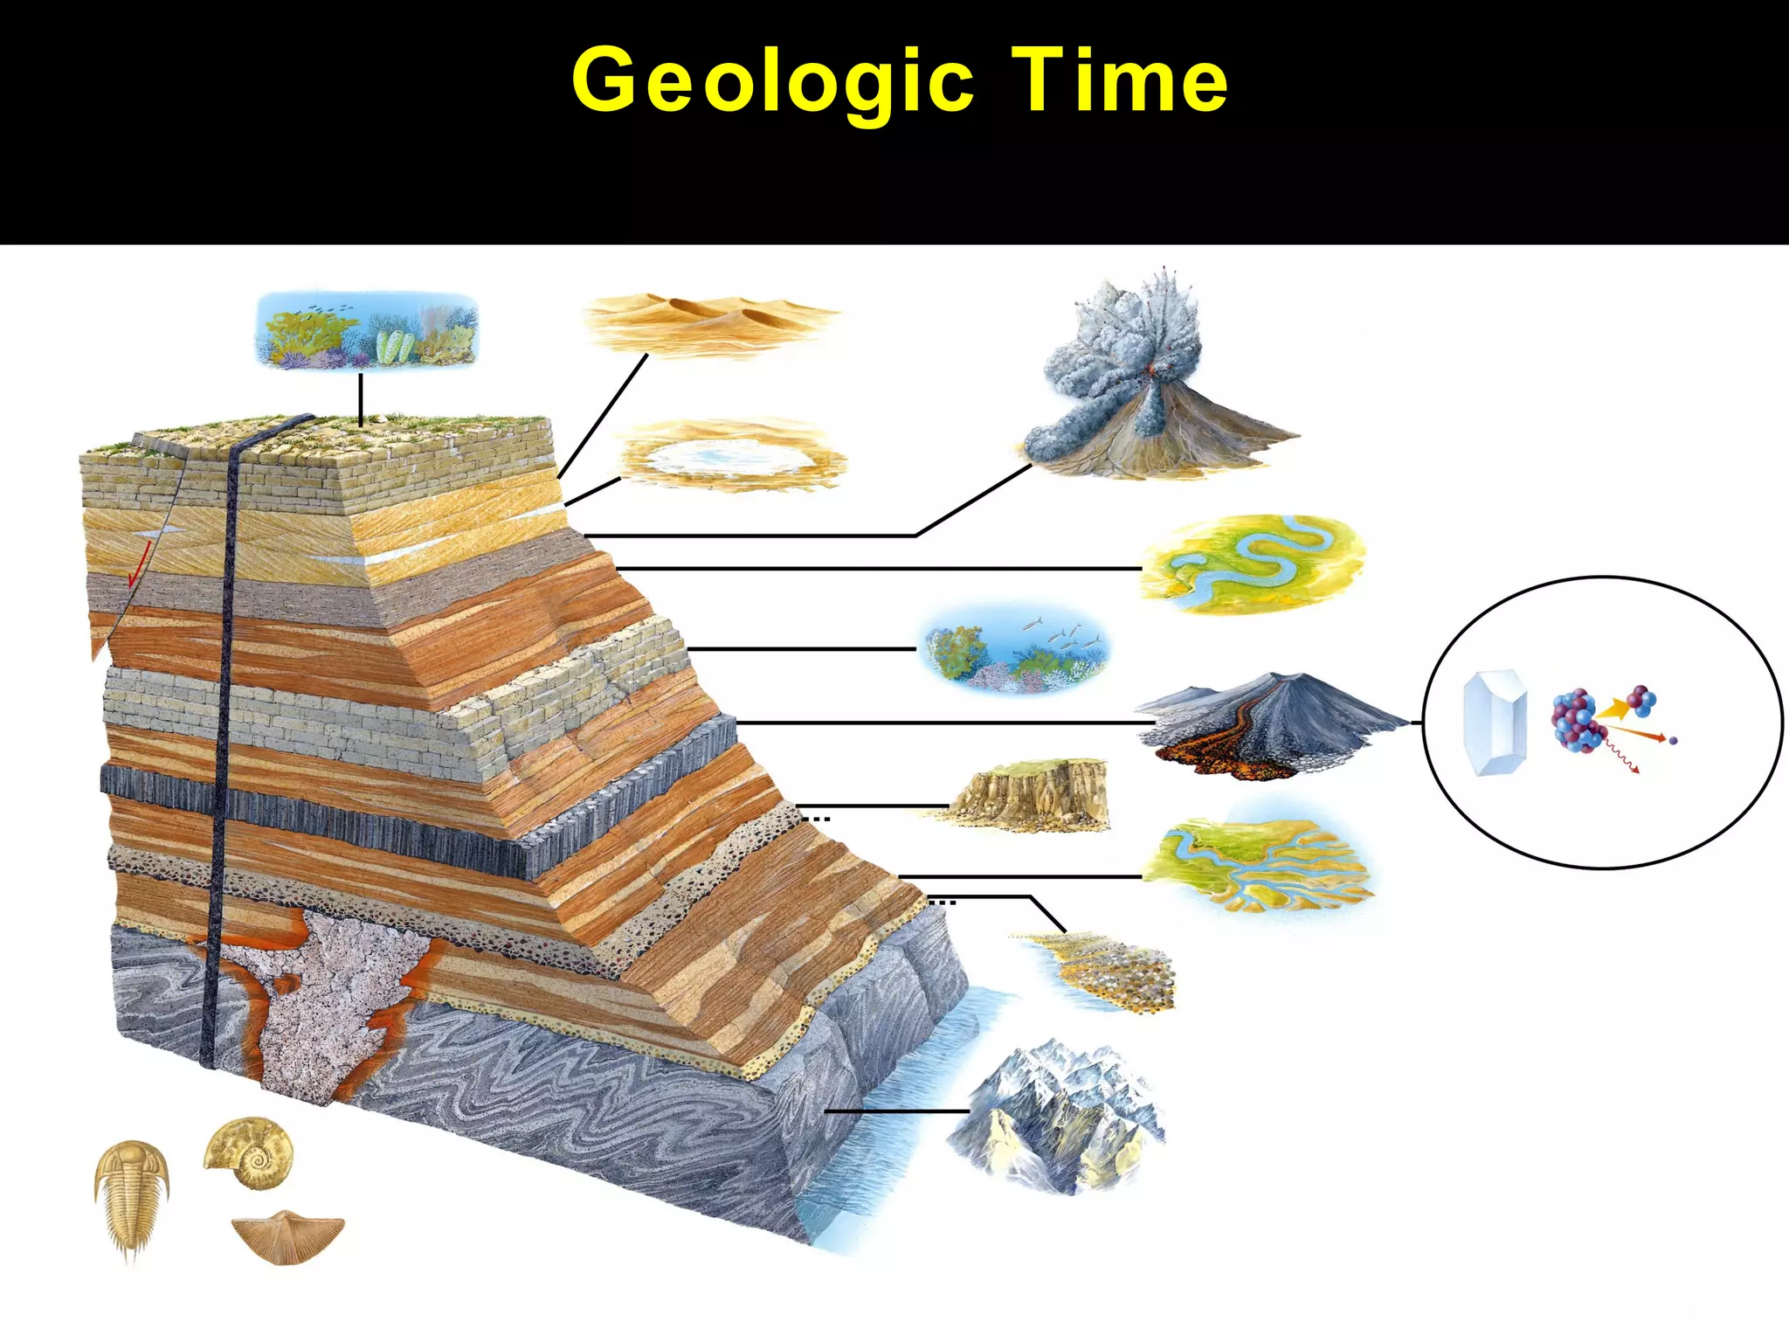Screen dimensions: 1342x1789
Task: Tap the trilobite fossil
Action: (131, 1197)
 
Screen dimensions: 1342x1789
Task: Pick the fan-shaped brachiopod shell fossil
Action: (288, 1234)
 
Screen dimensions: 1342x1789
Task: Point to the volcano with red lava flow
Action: (1267, 725)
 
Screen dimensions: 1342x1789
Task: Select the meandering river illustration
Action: (1254, 564)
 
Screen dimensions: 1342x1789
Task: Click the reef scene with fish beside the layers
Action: (1013, 651)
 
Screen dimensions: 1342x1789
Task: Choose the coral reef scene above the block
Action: (367, 330)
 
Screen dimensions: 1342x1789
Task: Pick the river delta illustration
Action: (1258, 865)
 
